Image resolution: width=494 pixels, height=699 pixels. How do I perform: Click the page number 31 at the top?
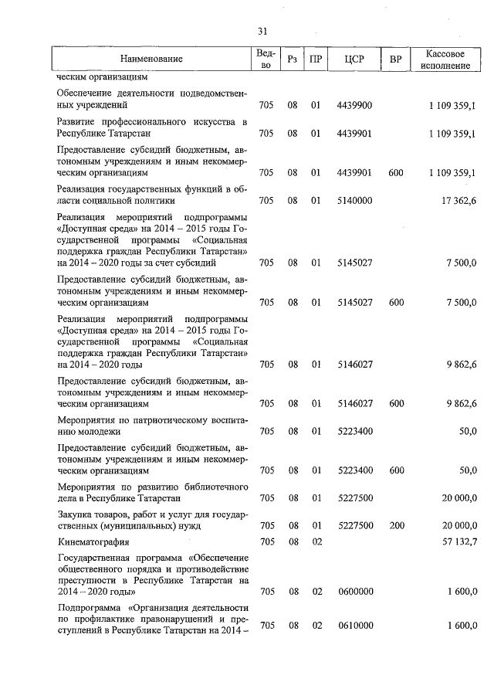click(x=262, y=31)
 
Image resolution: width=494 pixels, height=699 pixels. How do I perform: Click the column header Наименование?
click(x=151, y=59)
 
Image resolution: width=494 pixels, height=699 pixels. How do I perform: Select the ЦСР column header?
click(x=355, y=59)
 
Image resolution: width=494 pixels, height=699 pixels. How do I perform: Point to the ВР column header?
click(x=396, y=59)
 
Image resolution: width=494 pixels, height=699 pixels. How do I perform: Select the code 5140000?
click(x=355, y=201)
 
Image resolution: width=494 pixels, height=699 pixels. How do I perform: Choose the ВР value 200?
click(x=396, y=525)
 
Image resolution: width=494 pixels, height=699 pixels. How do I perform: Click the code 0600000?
click(x=355, y=592)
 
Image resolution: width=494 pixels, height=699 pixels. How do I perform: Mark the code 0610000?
click(x=355, y=626)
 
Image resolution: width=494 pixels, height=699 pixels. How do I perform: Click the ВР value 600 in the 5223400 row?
click(x=396, y=470)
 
